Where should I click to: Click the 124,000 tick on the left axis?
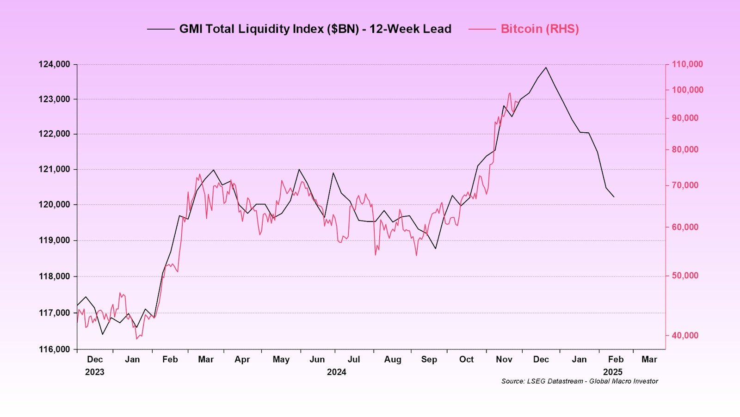tap(54, 64)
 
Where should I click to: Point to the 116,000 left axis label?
tap(54, 350)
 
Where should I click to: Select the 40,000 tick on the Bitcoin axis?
tap(685, 335)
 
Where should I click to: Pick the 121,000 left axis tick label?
tap(54, 169)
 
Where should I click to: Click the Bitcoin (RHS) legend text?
tap(540, 29)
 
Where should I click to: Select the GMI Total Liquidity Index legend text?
tap(315, 29)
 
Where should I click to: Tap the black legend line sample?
tap(161, 29)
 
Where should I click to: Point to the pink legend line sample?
tap(482, 29)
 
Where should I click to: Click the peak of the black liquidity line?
tap(546, 67)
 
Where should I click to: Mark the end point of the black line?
tap(614, 197)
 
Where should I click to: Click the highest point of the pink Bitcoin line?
tap(510, 93)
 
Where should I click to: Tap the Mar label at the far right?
tap(649, 359)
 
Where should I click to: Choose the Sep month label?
tap(429, 359)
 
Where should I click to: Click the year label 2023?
tap(94, 372)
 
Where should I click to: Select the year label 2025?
tap(613, 372)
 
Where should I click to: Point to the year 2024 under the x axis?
tap(336, 372)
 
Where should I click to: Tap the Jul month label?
tap(353, 359)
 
